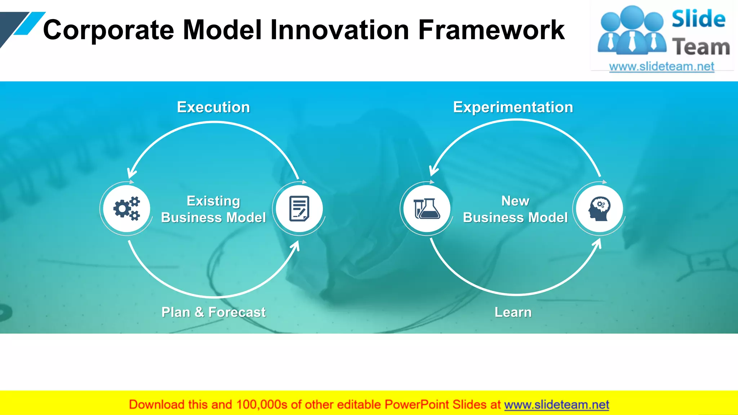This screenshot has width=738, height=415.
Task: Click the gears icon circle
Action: click(126, 209)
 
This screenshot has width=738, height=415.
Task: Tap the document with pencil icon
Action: click(299, 209)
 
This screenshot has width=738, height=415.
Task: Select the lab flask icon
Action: click(427, 209)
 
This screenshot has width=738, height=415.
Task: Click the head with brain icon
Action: click(599, 209)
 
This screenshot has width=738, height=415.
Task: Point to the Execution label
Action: click(213, 107)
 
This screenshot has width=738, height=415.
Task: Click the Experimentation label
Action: click(513, 107)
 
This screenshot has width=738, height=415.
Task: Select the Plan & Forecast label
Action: click(213, 312)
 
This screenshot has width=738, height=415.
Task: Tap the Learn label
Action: click(513, 312)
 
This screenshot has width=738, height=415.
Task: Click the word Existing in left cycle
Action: click(213, 201)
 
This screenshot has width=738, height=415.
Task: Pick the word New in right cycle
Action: click(515, 201)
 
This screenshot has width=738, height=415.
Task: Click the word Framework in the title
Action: click(491, 30)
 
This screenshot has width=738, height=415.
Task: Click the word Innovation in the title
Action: click(340, 30)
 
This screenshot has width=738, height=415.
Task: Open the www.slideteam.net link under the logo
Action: click(662, 67)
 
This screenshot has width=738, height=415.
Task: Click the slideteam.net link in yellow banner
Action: click(556, 405)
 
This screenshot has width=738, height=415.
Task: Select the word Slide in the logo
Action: click(698, 19)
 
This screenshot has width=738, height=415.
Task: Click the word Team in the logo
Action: click(701, 47)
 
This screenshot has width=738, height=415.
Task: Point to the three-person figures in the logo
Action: click(632, 31)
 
